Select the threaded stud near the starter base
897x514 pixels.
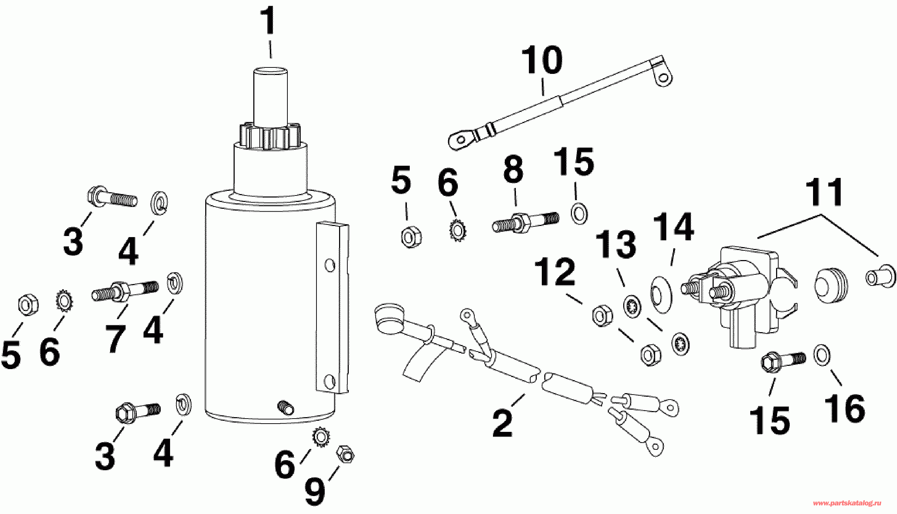pyautogui.click(x=286, y=407)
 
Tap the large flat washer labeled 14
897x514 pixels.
pyautogui.click(x=661, y=294)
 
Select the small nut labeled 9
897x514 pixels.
pyautogui.click(x=345, y=454)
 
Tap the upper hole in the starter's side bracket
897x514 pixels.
pyautogui.click(x=330, y=265)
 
